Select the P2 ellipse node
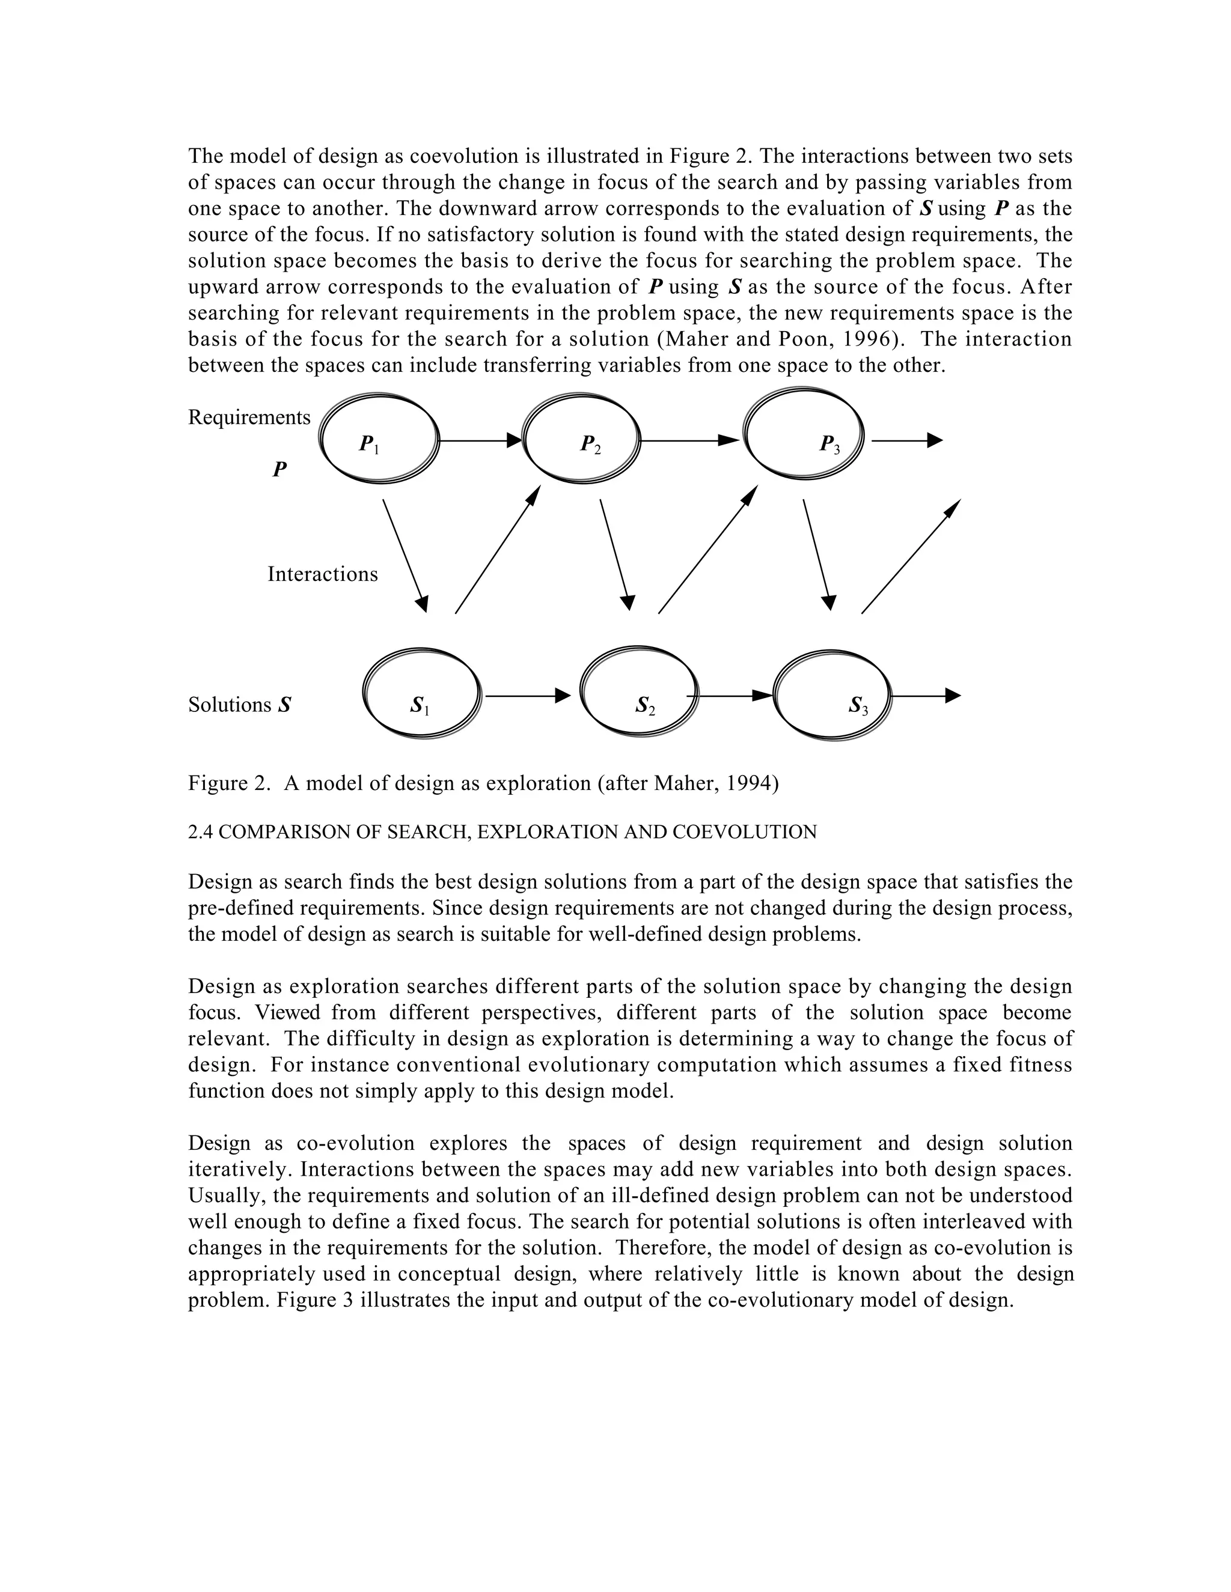tap(582, 440)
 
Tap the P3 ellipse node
tap(803, 433)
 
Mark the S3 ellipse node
tap(832, 696)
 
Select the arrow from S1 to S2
tap(527, 696)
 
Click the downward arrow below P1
tap(405, 556)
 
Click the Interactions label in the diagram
tap(322, 574)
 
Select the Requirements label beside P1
tap(249, 418)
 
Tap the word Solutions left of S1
tap(229, 705)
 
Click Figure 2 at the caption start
tap(228, 783)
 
